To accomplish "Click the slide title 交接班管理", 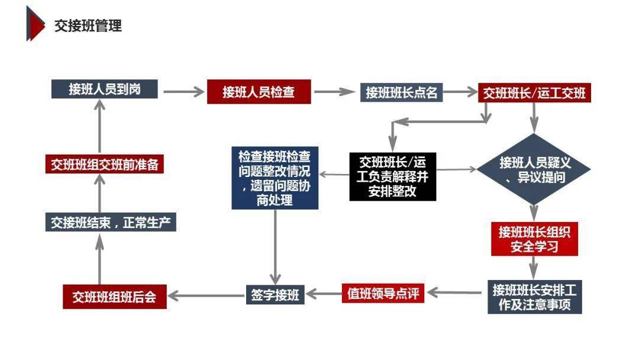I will (88, 25).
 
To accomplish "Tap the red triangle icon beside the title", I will (35, 24).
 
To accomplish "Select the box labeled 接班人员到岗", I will (104, 89).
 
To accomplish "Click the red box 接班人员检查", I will (259, 92).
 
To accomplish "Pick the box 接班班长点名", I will (401, 92).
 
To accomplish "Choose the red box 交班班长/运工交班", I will (534, 93).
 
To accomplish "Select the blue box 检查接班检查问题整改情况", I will (275, 178).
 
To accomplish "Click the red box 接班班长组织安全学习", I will (534, 239).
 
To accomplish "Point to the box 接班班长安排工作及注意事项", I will (534, 298).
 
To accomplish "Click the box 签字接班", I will (275, 294).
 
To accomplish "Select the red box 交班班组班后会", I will (114, 297).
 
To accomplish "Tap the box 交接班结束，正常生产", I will (111, 223).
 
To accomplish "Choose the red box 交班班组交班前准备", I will (104, 165).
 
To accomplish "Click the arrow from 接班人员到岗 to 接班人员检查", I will (182, 92).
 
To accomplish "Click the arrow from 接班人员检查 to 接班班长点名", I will (335, 92).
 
